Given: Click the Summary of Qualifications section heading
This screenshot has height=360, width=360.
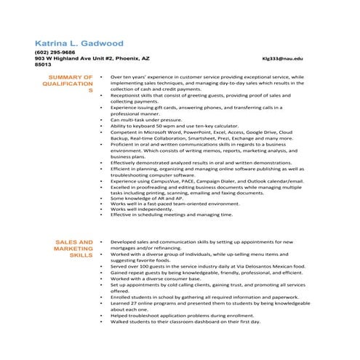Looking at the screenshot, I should click(x=70, y=84).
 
